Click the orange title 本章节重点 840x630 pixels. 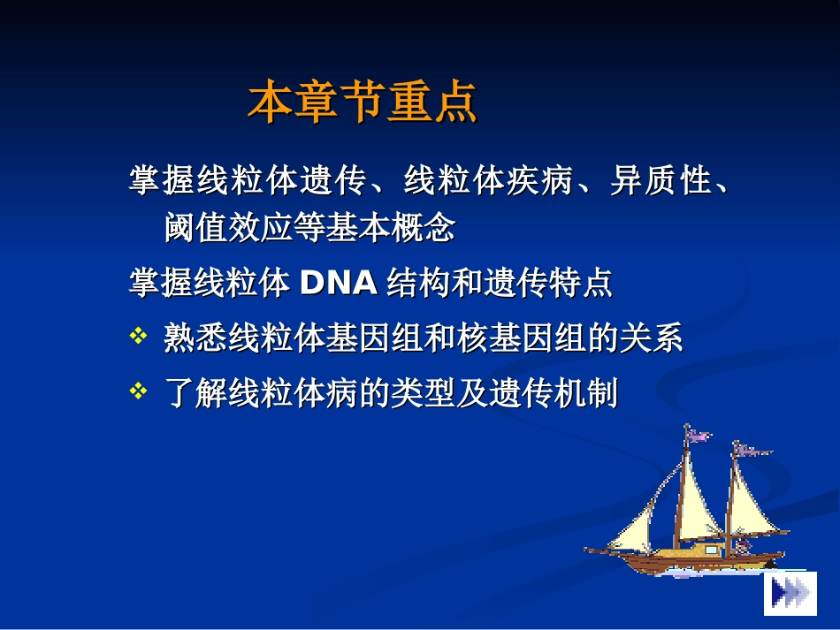pyautogui.click(x=363, y=102)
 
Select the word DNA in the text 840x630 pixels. pyautogui.click(x=340, y=284)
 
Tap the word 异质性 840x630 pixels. pyautogui.click(x=661, y=181)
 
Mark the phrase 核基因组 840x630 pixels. pyautogui.click(x=522, y=338)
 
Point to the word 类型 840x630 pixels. pyautogui.click(x=424, y=392)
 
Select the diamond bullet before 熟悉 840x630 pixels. pyautogui.click(x=138, y=337)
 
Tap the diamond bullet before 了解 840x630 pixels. pyautogui.click(x=138, y=391)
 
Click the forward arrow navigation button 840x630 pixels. pyautogui.click(x=790, y=593)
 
